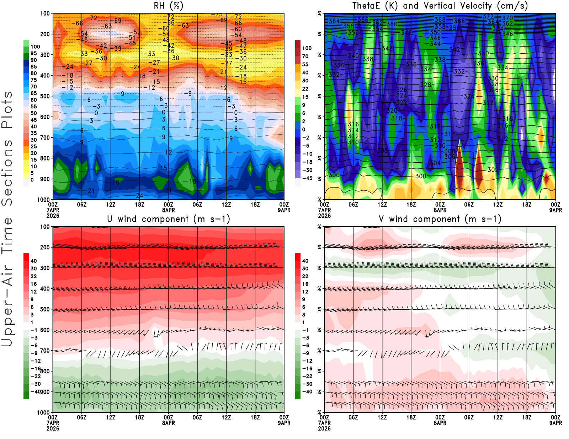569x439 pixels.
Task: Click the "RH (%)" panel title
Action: [168, 6]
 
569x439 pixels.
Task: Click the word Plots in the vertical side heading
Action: [7, 110]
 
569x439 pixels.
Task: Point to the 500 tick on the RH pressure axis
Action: [45, 96]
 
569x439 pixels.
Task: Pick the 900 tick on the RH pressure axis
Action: [45, 179]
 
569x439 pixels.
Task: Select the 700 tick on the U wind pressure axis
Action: [45, 351]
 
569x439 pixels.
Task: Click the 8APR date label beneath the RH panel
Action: [168, 210]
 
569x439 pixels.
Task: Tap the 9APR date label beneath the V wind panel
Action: [555, 423]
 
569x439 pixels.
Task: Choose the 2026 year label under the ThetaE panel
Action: [324, 216]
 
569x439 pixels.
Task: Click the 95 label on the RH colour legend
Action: [34, 53]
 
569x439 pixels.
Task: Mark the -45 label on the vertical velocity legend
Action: [307, 178]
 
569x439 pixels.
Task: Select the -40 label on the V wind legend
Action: [307, 392]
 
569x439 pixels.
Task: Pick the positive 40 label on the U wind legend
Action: [34, 261]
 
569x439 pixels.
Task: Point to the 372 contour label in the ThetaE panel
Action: [488, 16]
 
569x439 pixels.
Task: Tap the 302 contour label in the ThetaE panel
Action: [493, 170]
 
